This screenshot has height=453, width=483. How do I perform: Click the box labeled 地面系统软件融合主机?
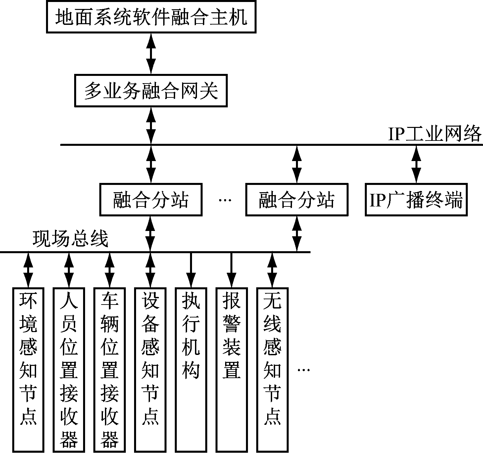[x=151, y=17]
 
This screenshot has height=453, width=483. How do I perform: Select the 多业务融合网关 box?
[x=151, y=91]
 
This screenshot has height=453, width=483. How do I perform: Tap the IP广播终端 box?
[x=416, y=200]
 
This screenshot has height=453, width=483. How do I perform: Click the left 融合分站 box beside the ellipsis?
[x=151, y=200]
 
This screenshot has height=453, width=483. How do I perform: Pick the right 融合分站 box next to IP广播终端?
[x=297, y=200]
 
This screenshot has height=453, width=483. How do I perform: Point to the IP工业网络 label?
[x=435, y=134]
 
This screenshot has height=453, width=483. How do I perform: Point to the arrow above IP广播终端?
[x=416, y=164]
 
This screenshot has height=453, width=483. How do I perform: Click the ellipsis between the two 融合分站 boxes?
[x=225, y=200]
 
